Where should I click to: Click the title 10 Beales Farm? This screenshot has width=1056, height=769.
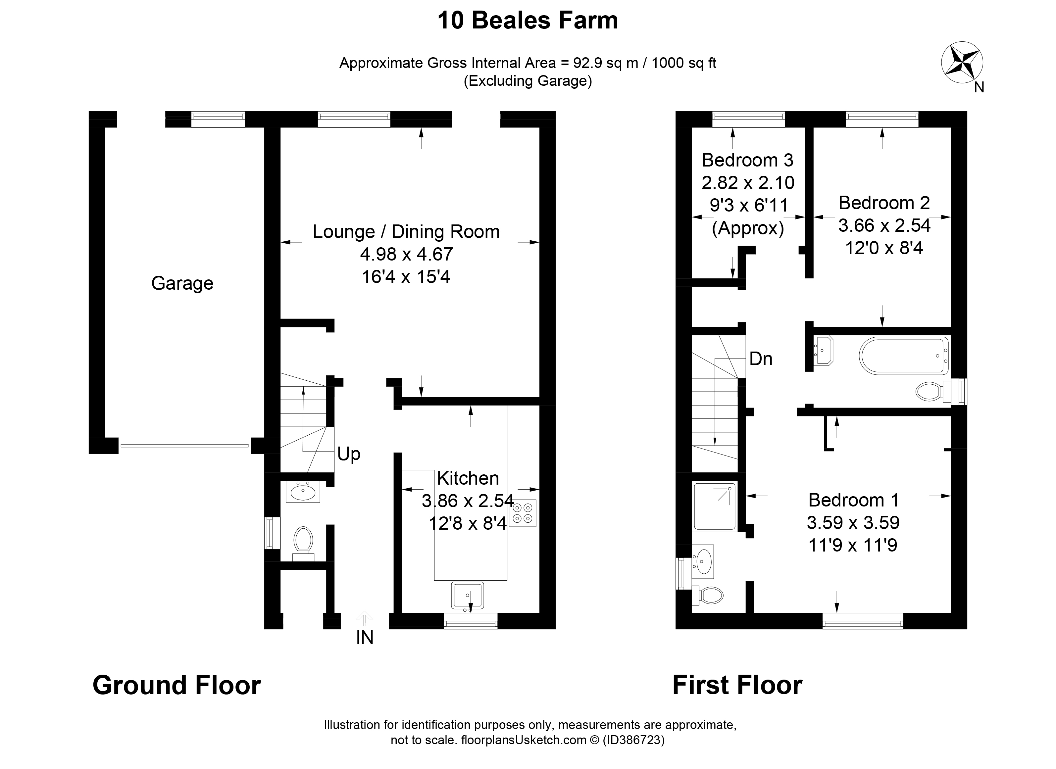coord(528,21)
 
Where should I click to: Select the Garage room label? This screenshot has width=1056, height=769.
coord(182,283)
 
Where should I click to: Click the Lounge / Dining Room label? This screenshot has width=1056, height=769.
coord(406,231)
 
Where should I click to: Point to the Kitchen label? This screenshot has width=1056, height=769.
coord(468,478)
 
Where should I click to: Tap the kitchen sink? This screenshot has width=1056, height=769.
coord(468,595)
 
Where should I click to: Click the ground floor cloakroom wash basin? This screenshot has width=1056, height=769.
coord(303,492)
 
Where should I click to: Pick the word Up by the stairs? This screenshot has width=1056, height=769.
coord(349,454)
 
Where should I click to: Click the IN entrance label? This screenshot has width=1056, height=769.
coord(365,638)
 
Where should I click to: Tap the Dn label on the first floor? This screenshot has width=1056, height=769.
coord(761,359)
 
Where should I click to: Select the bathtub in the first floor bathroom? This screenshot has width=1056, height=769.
coord(904,355)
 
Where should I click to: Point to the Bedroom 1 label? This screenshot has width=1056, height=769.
coord(853,500)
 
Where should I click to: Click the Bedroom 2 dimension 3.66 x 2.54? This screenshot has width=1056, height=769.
coord(884,225)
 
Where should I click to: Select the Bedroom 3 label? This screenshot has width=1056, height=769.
coord(747,160)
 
